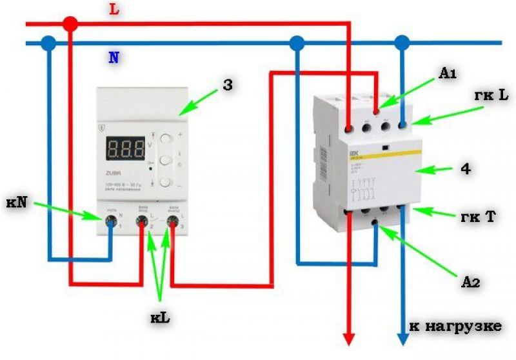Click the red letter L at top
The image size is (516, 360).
click(x=114, y=10)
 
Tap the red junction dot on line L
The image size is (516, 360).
click(x=70, y=25)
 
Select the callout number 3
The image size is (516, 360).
click(x=227, y=84)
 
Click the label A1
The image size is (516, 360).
click(x=447, y=75)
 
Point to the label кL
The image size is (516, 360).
click(x=159, y=316)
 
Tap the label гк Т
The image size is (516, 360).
click(x=482, y=217)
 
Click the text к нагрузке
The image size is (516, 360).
click(x=455, y=326)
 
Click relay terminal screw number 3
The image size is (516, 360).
click(x=172, y=223)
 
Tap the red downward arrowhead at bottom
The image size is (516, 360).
click(x=348, y=339)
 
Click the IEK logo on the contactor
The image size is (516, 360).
click(x=352, y=154)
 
